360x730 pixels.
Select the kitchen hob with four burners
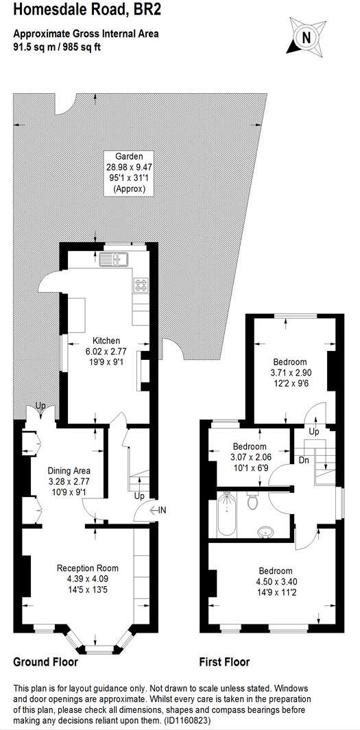(x=141, y=283)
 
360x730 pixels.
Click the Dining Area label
(x=69, y=471)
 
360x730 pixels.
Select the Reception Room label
(x=87, y=568)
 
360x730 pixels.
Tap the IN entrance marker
(x=162, y=510)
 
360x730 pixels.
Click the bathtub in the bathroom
(x=226, y=515)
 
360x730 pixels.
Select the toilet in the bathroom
(x=252, y=502)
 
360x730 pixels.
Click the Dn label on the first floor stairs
(x=303, y=461)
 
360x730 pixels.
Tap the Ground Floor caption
(x=45, y=662)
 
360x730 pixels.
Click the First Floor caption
(x=224, y=662)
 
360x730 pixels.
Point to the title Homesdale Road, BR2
(x=86, y=10)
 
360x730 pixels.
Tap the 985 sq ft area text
(x=82, y=47)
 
